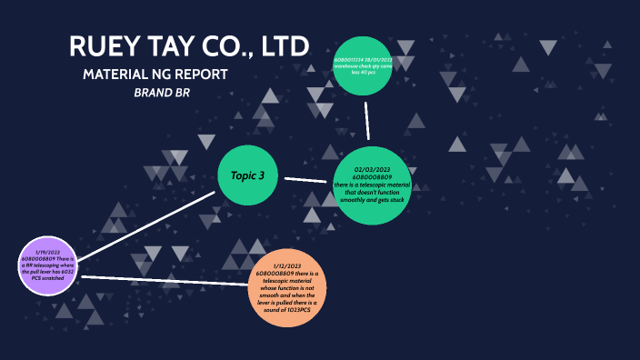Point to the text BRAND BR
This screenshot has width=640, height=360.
[162, 93]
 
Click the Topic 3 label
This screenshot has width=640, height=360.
[247, 175]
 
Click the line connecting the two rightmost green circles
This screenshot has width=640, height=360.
[367, 120]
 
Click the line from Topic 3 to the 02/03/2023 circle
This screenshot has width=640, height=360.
[306, 179]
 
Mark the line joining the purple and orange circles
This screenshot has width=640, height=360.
[164, 281]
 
